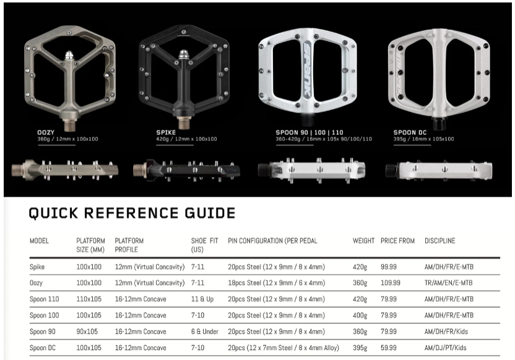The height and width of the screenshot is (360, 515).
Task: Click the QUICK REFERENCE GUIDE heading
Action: coord(132,213)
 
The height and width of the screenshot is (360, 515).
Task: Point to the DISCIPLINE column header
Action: coord(439,241)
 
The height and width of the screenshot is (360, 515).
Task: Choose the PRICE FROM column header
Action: coord(397,241)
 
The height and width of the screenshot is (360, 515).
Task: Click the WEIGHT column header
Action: coord(363,241)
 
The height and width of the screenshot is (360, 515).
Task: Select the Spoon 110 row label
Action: coord(44,299)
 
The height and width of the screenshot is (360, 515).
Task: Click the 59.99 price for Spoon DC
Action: coord(389,348)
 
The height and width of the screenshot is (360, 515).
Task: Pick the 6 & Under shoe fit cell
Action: coord(204,332)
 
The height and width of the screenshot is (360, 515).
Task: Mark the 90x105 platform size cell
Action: coord(89,332)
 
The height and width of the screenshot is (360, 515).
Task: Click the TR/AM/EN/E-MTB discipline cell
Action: coord(448,283)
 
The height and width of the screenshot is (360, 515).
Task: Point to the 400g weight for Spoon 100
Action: coord(360,315)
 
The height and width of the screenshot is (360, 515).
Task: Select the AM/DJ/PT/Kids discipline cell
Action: coord(446,348)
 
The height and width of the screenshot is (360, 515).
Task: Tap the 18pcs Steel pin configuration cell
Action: coord(276,283)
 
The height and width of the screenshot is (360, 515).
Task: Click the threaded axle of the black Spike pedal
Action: coord(183,118)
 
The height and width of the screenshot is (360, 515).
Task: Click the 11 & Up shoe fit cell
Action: coord(202,299)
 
